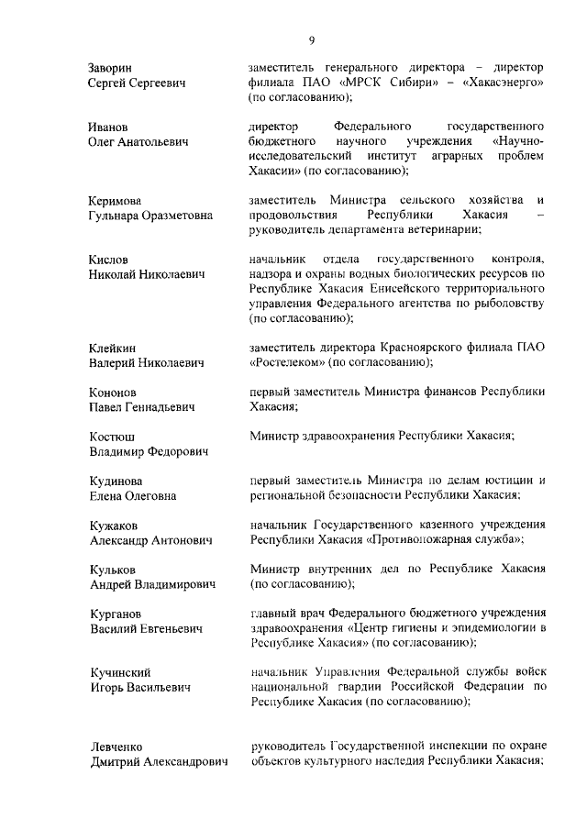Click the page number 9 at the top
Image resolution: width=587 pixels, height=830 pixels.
311,39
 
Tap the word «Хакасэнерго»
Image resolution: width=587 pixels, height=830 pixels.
503,83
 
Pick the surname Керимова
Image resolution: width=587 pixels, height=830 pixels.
116,200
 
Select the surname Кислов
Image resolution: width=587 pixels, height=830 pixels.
108,260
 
